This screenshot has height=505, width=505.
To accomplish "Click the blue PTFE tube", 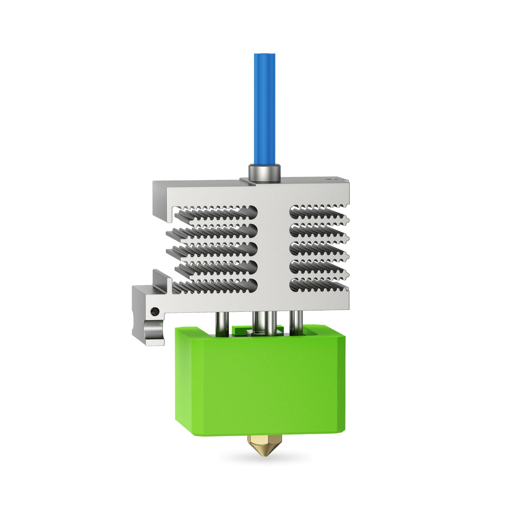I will click(264, 109).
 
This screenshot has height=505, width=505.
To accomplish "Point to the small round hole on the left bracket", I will click(155, 312).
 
